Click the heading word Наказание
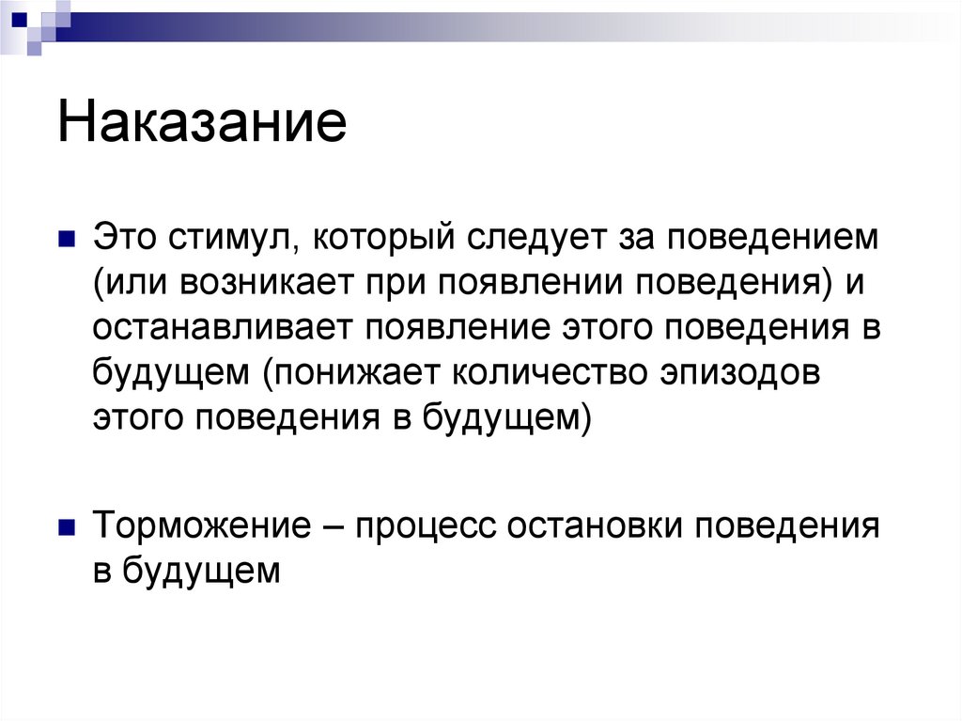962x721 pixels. point(202,124)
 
